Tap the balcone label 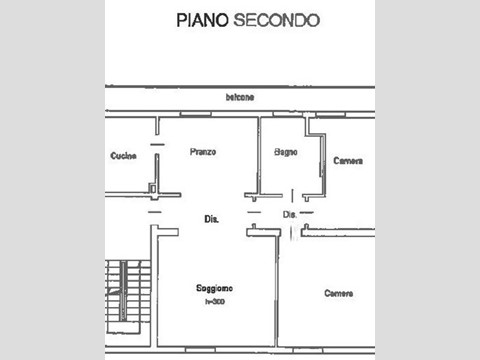pos(239,97)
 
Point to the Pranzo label pos(203,152)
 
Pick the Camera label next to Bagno pos(347,160)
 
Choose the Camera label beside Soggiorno pos(339,293)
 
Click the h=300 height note pos(214,300)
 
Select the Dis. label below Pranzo pos(211,218)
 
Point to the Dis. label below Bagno pos(289,214)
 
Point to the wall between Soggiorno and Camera pos(277,300)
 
